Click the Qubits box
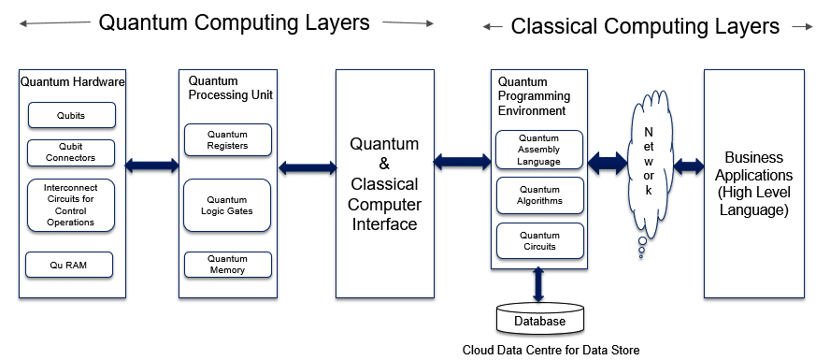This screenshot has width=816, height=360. click(72, 115)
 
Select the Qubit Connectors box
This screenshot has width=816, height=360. click(72, 152)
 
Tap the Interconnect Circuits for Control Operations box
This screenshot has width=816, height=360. click(72, 205)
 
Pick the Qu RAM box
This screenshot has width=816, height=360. click(69, 266)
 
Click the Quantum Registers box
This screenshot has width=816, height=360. click(227, 139)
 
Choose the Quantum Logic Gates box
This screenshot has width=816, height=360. click(227, 206)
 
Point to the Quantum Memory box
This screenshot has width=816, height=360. click(227, 265)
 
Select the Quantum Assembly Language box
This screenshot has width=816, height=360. click(538, 150)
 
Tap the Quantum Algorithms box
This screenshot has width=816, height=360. click(538, 194)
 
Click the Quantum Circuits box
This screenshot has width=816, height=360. click(538, 241)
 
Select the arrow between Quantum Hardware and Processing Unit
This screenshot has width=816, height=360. click(151, 166)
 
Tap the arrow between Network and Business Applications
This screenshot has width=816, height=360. click(689, 166)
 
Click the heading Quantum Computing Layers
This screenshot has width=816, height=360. click(234, 22)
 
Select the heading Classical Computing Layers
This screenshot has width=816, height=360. click(645, 26)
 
